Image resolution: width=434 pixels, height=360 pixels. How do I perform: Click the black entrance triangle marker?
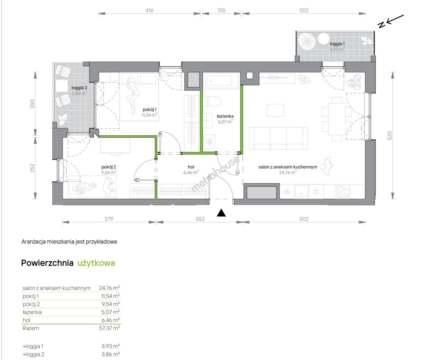221,213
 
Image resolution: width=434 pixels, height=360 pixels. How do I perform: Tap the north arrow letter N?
381,25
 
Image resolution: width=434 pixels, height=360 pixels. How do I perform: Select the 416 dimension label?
149,10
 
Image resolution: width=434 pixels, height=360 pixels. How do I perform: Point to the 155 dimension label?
222,10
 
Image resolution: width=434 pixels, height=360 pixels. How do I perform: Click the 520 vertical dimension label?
389,135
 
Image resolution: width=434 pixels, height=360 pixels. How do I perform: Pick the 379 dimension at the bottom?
109,219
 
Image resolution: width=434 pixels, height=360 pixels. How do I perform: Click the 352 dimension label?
200,219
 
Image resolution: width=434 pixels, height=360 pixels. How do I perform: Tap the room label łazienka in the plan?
225,116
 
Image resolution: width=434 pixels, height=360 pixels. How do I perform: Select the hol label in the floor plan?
191,167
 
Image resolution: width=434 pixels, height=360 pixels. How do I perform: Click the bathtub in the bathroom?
221,81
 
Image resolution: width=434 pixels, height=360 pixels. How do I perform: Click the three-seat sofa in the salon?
278,139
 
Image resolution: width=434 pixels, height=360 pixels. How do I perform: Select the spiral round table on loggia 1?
307,42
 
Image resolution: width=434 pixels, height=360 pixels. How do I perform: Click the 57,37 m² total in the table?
109,328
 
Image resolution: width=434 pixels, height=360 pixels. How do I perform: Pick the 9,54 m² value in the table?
110,304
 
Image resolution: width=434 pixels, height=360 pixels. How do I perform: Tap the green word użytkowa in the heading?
96,263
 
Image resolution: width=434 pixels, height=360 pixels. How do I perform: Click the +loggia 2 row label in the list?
33,354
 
